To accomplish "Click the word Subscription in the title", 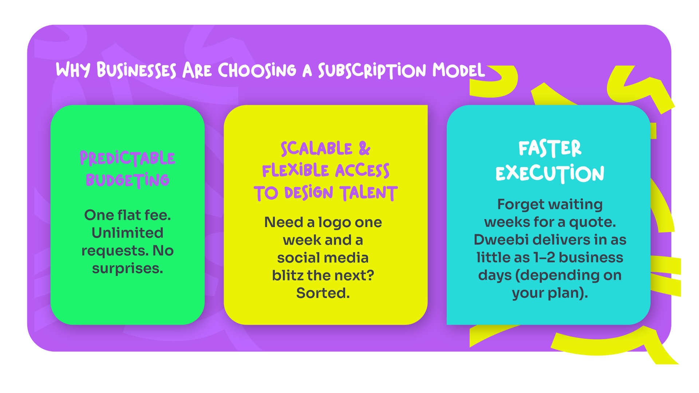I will coord(372,71).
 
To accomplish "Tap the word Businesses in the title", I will coord(137,70).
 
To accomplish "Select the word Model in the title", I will coord(459,70).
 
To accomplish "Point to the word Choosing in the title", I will coord(257,70).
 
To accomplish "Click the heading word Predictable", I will coord(127,158).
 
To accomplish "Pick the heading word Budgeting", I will coord(127,180).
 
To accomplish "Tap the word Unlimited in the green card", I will coord(127,233).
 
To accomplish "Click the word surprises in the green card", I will coord(127,269).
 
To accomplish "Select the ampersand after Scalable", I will coord(364,148).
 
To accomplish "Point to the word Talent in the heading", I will coord(368,193).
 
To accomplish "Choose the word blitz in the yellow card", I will coord(288,275).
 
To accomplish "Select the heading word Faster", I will coord(550,148).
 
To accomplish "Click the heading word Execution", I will coord(550,173).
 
